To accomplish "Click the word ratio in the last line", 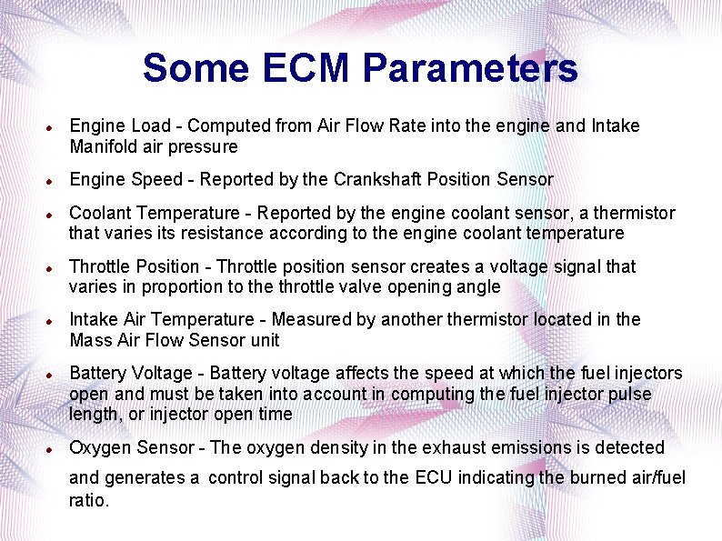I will coord(87,499).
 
